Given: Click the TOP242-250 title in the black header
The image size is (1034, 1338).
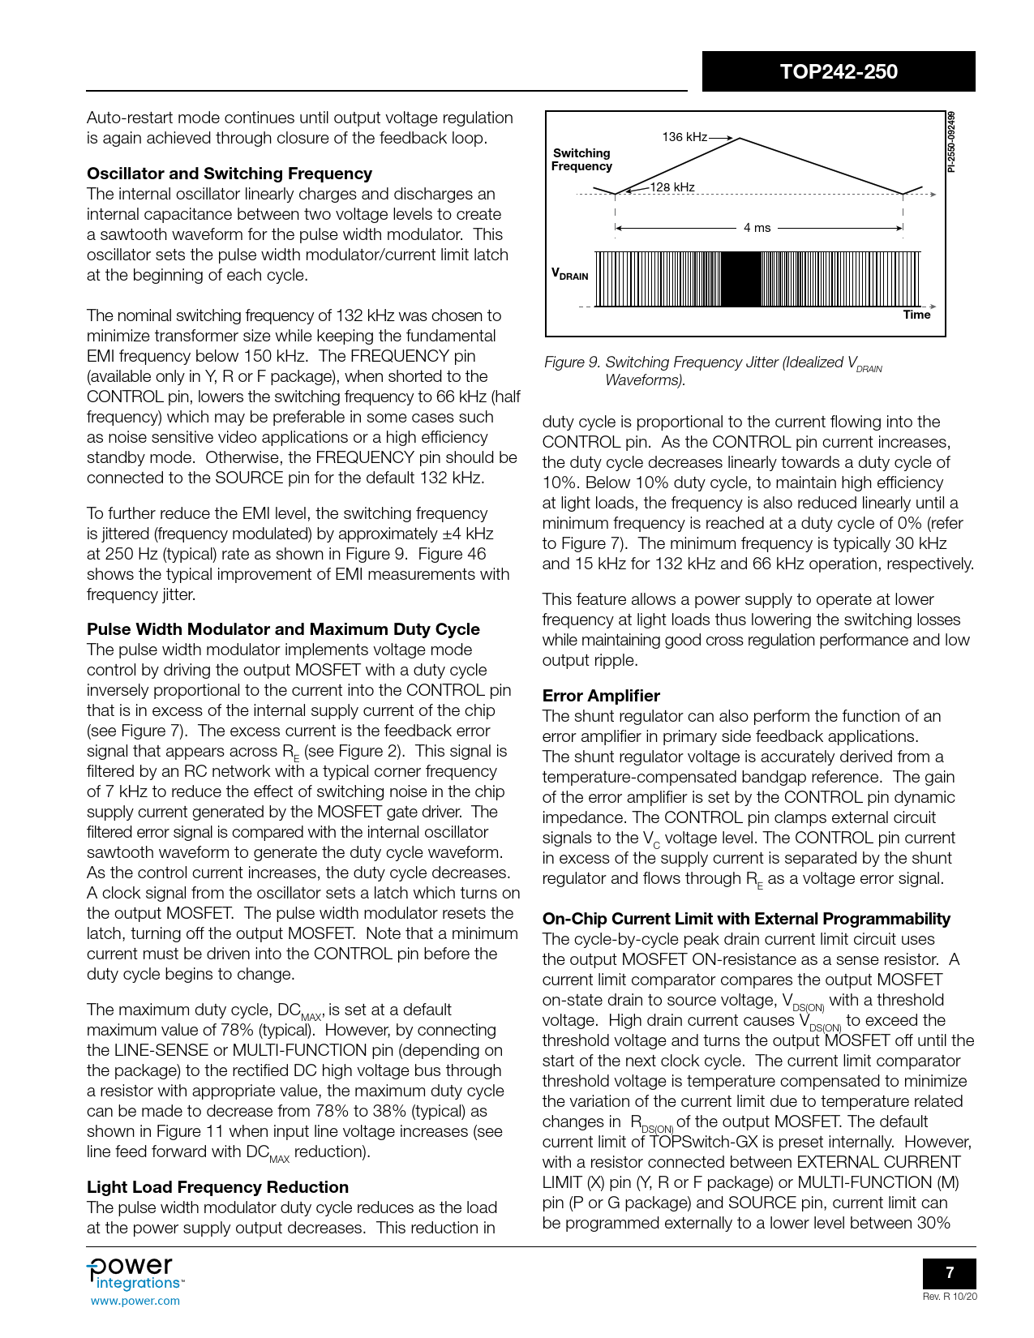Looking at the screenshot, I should point(839,71).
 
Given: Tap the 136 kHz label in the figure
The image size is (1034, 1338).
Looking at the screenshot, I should point(684,137).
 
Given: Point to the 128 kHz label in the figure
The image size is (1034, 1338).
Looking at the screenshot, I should point(672,187).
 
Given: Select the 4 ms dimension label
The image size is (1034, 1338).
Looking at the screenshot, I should point(757,228).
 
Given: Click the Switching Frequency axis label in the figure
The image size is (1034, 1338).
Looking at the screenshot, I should point(581,160).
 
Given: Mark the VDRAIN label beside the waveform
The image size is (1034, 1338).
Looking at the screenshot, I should point(569,274).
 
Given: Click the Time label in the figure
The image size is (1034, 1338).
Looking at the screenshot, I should point(916,315).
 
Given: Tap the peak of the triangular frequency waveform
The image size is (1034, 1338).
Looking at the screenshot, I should point(739,139).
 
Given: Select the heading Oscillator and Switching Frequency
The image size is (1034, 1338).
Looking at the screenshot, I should point(230,174).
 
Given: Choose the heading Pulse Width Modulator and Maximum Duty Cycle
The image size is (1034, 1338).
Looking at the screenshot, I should point(283,629).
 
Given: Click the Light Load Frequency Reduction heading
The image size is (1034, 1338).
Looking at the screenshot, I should point(217,1187).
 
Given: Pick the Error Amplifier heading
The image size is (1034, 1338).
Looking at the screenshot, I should point(601,696).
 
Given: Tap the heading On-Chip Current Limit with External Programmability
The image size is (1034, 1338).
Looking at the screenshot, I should point(746,919).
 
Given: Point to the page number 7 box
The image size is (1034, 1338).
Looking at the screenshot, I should point(950,1272).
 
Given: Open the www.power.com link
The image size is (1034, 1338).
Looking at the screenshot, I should point(135,1301).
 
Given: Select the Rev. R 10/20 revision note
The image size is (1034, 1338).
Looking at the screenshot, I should point(950,1297).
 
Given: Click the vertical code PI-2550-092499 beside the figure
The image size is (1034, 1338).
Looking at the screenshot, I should point(952,142).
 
